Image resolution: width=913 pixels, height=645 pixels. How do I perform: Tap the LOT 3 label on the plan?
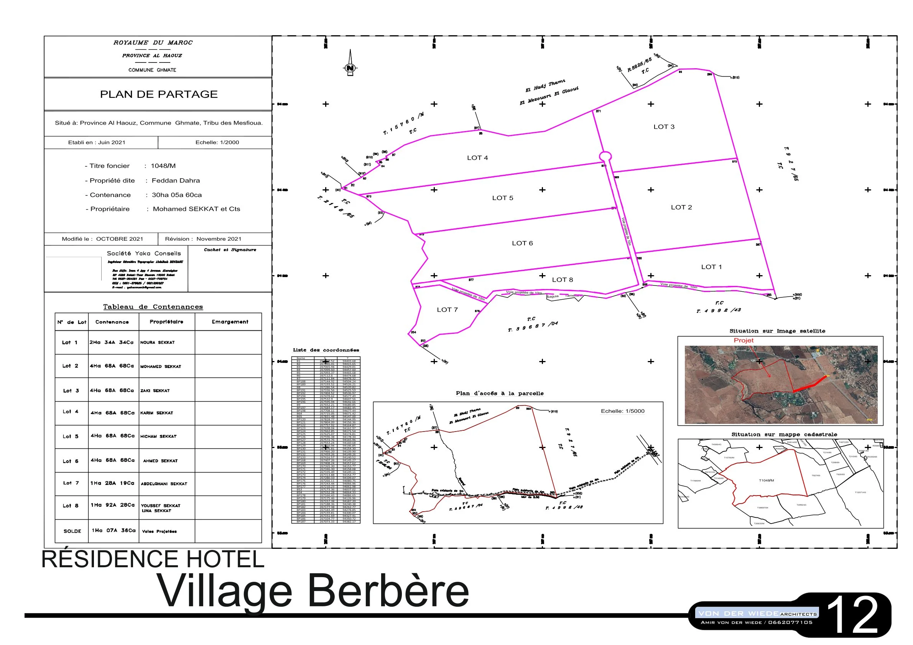click(664, 127)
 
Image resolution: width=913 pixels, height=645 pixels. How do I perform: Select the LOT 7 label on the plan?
click(447, 310)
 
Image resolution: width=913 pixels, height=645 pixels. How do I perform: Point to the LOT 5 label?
click(502, 198)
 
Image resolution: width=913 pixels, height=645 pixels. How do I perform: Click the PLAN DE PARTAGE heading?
click(159, 94)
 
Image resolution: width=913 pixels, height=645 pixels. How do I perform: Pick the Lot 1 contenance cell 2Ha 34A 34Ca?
click(111, 342)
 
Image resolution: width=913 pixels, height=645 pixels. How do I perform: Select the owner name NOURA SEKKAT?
click(158, 342)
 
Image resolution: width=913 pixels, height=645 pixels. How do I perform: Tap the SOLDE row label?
click(72, 531)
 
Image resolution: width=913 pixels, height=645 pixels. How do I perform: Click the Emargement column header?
click(230, 322)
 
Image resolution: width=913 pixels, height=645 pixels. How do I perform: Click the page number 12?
click(853, 615)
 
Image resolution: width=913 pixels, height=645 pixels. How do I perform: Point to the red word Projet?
click(743, 340)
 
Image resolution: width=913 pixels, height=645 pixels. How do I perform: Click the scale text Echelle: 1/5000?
click(622, 411)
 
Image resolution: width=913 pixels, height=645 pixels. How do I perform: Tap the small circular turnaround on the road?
click(605, 156)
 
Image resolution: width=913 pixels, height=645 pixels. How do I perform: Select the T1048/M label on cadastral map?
click(766, 481)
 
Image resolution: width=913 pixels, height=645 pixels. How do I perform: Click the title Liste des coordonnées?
click(326, 350)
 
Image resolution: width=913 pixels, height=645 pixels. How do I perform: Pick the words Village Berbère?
click(313, 591)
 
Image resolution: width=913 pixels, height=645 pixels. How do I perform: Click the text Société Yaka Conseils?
click(143, 253)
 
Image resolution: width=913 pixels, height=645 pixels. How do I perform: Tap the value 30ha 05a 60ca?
click(176, 195)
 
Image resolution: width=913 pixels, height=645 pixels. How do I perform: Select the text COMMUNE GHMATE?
click(152, 70)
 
